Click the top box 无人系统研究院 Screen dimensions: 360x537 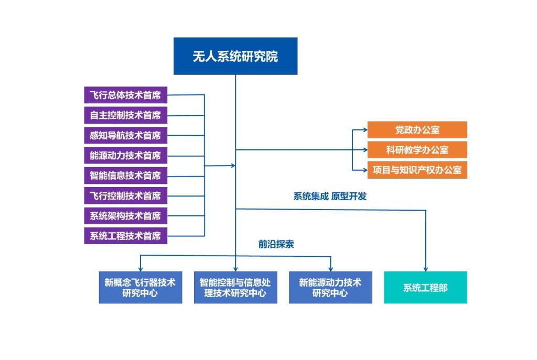[x=235, y=56]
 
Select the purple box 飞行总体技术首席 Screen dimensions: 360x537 [x=125, y=95]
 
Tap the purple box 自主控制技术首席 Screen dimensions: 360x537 [x=125, y=115]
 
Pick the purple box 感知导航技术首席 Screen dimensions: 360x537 [x=125, y=135]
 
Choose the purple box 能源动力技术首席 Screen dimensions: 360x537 [x=125, y=155]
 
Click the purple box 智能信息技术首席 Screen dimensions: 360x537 [x=125, y=176]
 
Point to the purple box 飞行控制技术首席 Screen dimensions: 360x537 [x=125, y=195]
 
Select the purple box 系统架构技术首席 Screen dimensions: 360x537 [x=125, y=215]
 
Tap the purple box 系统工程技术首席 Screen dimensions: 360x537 [x=125, y=236]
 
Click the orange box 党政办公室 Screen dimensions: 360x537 [x=417, y=130]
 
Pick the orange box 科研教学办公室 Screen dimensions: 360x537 [x=417, y=150]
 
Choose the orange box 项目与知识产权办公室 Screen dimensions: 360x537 [x=417, y=170]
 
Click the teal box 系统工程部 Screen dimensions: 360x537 [x=425, y=287]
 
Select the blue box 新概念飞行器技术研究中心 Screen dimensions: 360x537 [x=141, y=287]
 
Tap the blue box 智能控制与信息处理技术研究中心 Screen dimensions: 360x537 [x=235, y=287]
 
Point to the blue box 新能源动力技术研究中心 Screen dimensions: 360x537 [x=330, y=287]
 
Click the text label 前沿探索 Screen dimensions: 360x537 [x=276, y=244]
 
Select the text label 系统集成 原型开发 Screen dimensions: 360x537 [x=330, y=197]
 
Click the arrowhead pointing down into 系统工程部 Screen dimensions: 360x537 [x=425, y=268]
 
